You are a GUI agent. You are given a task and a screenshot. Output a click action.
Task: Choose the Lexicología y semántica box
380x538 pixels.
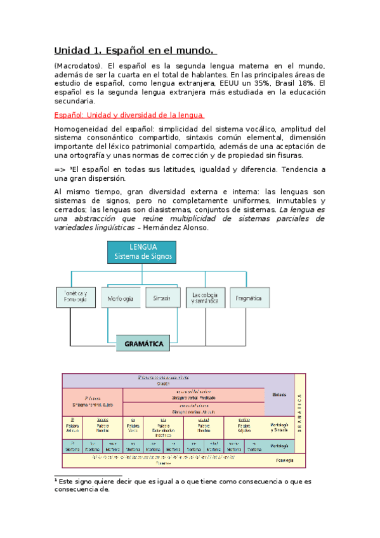(x=206, y=298)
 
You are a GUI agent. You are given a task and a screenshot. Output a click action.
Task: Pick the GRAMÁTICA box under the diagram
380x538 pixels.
(x=143, y=344)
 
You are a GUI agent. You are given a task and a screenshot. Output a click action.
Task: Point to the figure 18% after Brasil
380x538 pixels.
(x=305, y=83)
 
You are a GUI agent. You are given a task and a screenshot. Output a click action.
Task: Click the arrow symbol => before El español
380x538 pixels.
(x=60, y=168)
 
